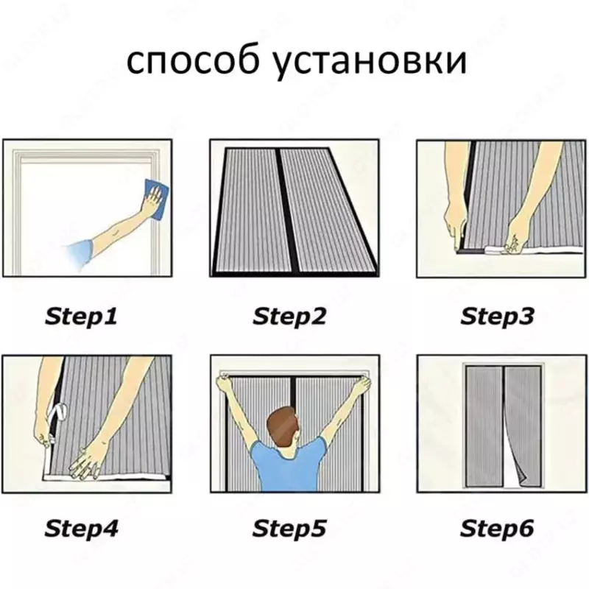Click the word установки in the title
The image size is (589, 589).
point(372,62)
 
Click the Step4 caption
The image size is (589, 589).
point(82,528)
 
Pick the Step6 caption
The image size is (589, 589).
point(497,528)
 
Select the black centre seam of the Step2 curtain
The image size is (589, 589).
point(278,210)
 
